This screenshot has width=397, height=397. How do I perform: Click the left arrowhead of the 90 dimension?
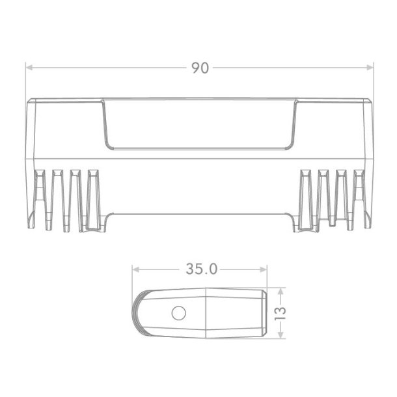[x=28, y=68]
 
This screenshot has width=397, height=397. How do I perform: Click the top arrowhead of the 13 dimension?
[x=281, y=290]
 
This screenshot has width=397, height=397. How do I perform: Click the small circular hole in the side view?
[x=177, y=313]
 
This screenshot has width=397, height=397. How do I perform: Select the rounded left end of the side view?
[x=137, y=313]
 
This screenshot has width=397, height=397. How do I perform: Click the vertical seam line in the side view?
[x=207, y=313]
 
